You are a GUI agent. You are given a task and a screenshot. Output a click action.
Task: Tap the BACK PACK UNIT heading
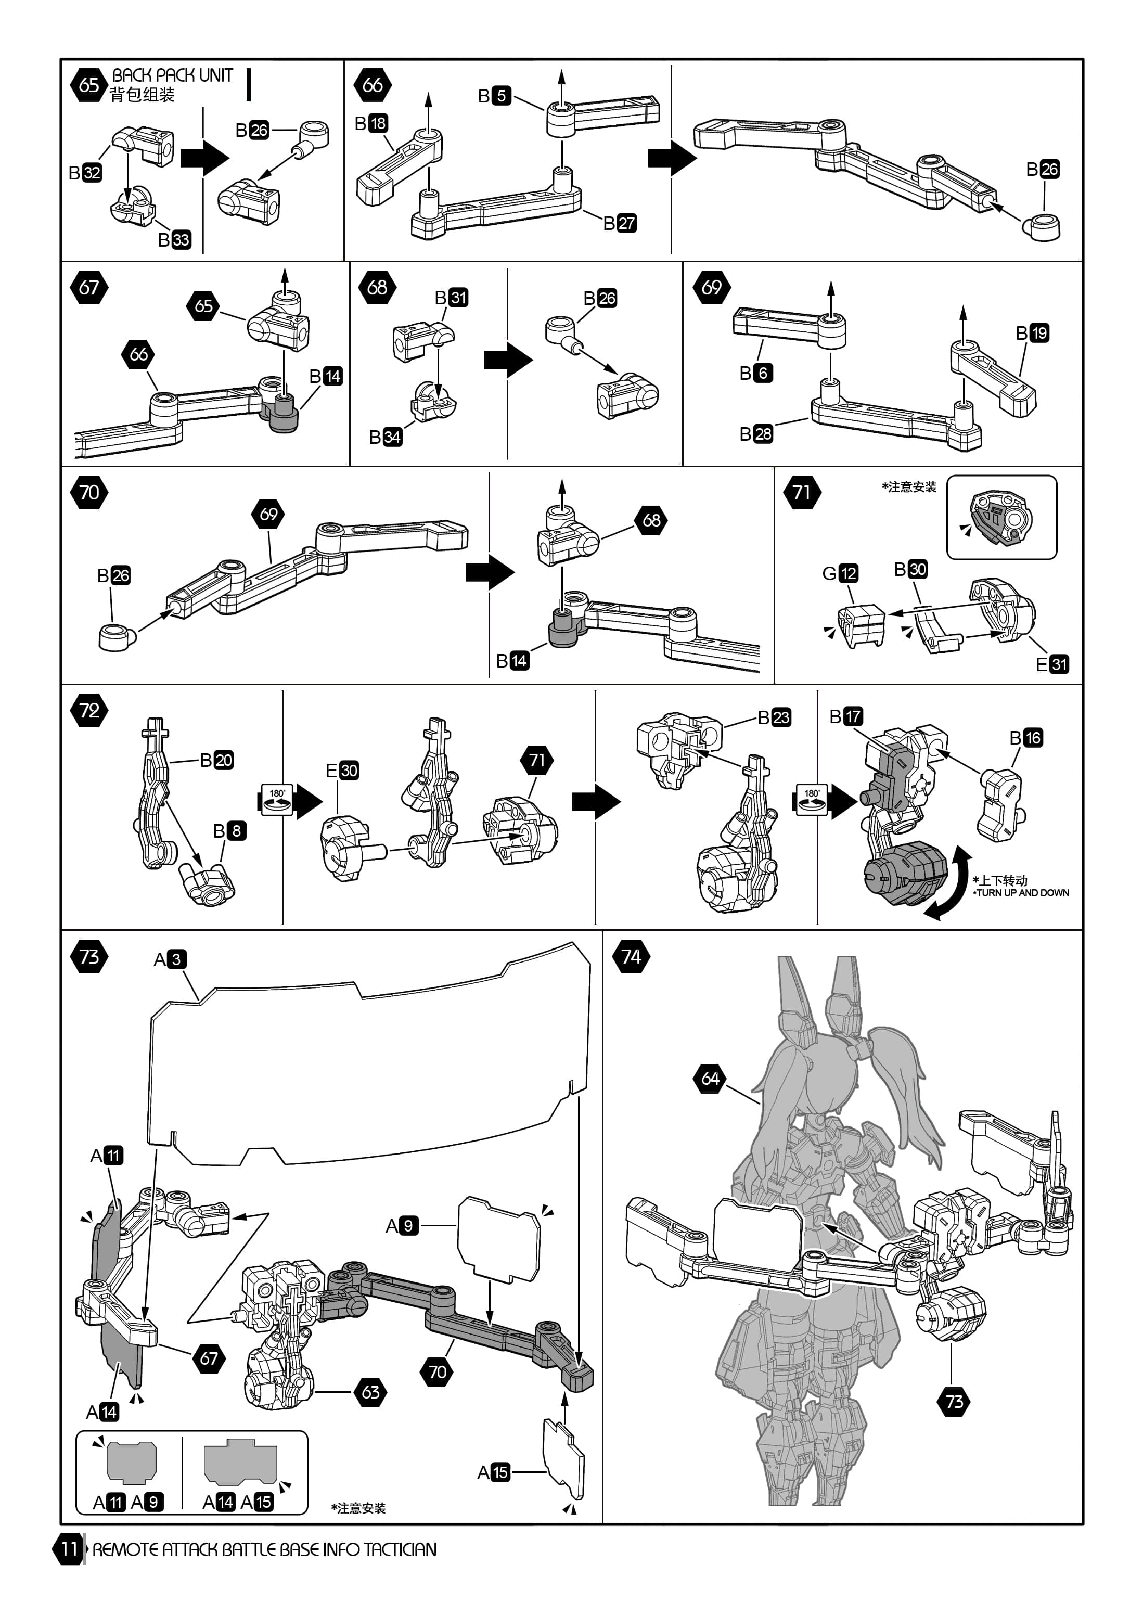(172, 75)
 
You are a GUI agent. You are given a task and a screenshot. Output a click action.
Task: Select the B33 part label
(174, 240)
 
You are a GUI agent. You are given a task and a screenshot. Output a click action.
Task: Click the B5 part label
(494, 96)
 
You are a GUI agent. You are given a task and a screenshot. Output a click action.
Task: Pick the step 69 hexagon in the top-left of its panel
(712, 287)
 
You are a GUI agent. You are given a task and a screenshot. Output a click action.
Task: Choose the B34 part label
(386, 437)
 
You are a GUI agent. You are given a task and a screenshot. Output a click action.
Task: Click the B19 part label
(1033, 333)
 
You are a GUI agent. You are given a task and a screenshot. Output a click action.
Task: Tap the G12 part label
(840, 574)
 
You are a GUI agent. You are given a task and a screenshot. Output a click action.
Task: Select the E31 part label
(1052, 664)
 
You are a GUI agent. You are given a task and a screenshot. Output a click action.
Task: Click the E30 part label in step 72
(342, 771)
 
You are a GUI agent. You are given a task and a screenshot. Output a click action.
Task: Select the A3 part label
(170, 959)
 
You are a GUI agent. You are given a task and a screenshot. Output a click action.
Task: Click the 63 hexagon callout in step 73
(371, 1391)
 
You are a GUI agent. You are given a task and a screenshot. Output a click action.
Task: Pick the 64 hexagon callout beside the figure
(711, 1078)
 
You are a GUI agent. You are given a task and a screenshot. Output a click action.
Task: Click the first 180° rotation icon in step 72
(277, 800)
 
